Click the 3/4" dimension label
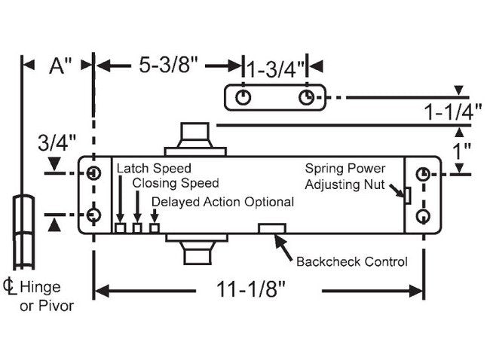tap(58, 142)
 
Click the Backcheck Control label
tap(351, 261)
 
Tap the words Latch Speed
tap(154, 168)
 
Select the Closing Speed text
tap(176, 183)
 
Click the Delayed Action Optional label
tap(222, 202)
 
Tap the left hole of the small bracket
tap(243, 99)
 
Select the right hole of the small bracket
tap(306, 99)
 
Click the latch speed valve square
tap(120, 227)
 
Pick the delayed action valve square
tap(155, 227)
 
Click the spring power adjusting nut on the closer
tap(406, 195)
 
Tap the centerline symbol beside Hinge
tap(11, 287)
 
